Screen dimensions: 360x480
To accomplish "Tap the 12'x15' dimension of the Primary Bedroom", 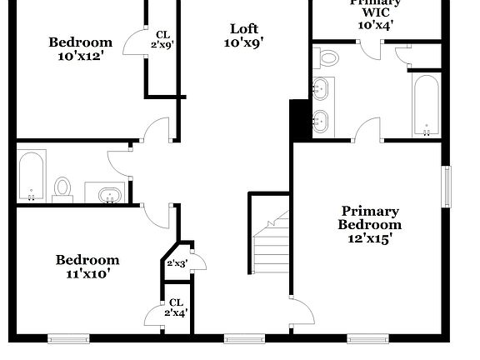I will tap(369, 237).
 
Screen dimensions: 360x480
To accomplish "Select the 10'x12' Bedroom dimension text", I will tap(80, 57).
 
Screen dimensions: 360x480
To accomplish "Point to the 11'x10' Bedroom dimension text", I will tap(87, 272).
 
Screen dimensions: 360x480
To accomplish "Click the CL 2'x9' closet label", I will tap(162, 39).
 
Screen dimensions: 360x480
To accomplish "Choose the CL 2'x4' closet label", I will tap(176, 307).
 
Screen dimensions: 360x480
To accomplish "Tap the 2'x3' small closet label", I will tap(177, 263).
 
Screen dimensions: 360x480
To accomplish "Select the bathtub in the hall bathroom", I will tap(32, 176).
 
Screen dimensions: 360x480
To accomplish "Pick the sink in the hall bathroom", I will tap(109, 195).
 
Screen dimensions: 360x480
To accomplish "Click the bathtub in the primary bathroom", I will tap(426, 105).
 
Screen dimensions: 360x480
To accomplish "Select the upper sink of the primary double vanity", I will tap(322, 87).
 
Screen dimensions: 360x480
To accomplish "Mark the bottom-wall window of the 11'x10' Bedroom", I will tap(68, 338).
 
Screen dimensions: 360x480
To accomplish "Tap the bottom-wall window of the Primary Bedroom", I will tap(367, 338).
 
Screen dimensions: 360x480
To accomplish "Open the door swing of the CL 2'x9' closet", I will tap(134, 44).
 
